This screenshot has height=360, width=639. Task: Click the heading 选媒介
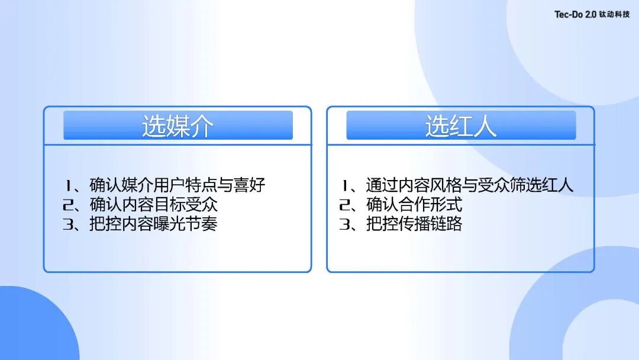(x=177, y=126)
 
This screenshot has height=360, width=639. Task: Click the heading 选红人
(x=460, y=126)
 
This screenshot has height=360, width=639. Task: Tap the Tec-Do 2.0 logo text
(x=575, y=15)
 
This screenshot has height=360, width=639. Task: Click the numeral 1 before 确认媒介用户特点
(x=69, y=185)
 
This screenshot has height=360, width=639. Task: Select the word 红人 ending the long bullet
(x=559, y=185)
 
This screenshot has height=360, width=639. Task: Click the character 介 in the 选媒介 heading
(x=201, y=126)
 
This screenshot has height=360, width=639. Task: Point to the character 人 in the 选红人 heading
(x=485, y=126)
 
